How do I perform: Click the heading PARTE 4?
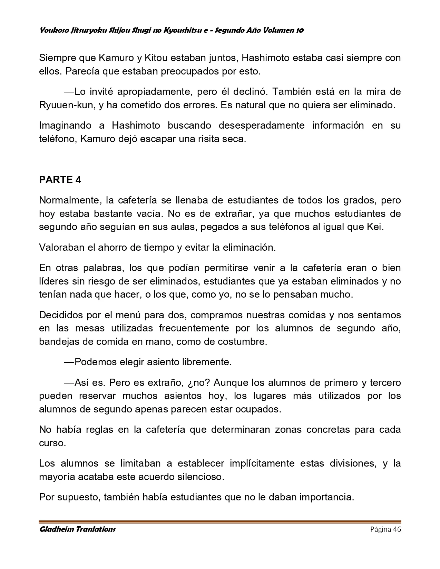tap(60, 180)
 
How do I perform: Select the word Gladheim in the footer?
tap(56, 529)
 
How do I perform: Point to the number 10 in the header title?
tap(300, 30)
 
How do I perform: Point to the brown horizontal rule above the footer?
tap(220, 522)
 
